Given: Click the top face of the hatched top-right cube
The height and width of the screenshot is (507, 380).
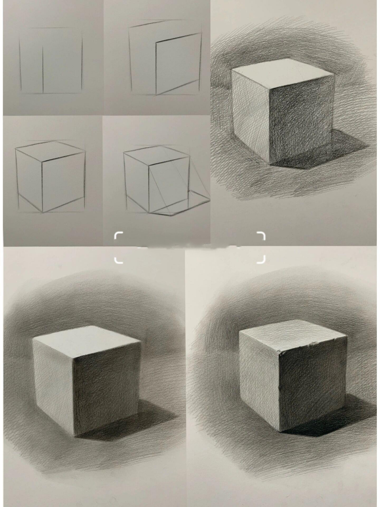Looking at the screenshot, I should pos(283,73).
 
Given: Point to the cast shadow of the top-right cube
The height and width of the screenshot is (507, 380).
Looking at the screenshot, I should pos(340,152).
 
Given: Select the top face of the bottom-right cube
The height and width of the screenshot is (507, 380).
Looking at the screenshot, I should pos(293,335).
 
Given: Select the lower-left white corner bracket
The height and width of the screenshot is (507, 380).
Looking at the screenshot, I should pos(118,260).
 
